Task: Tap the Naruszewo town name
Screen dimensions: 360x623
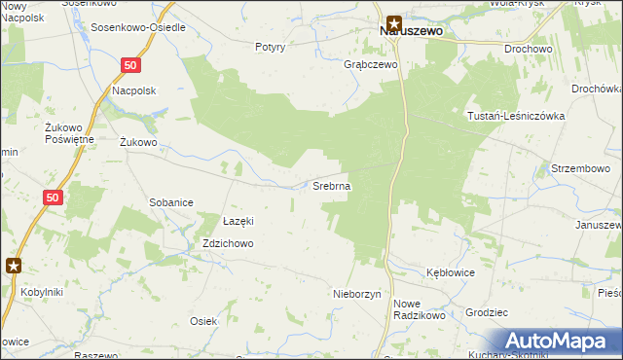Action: click(411, 31)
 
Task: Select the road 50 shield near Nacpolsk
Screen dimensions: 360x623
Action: click(131, 64)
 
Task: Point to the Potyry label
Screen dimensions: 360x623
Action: click(270, 47)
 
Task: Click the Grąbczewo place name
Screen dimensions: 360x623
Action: click(372, 65)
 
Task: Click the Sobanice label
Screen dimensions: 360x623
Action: click(170, 202)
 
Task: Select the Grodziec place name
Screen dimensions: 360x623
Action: click(488, 313)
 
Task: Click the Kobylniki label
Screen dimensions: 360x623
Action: click(40, 291)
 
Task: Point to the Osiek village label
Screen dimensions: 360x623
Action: click(203, 321)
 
